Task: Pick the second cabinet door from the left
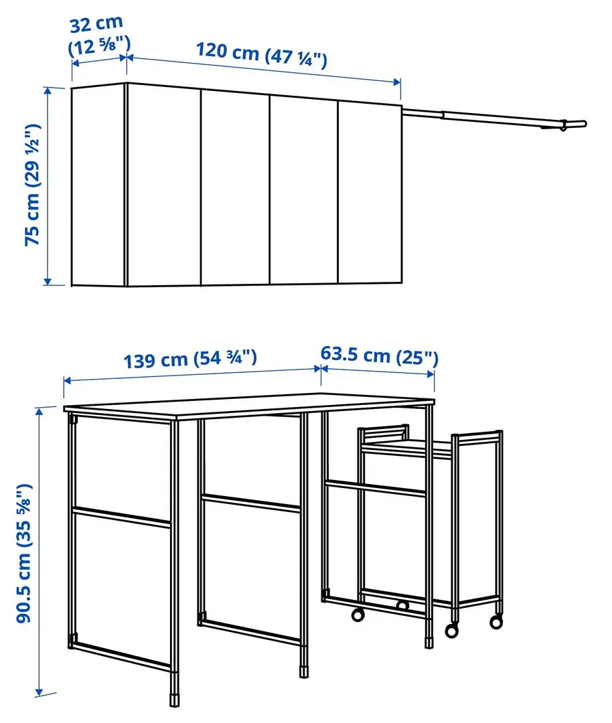pyautogui.click(x=235, y=189)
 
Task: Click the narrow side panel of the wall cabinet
pyautogui.click(x=98, y=185)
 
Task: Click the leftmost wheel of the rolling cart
pyautogui.click(x=358, y=614)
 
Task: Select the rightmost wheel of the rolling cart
pyautogui.click(x=495, y=621)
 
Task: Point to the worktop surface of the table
pyautogui.click(x=248, y=404)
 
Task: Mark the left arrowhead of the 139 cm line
pyautogui.click(x=66, y=380)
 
